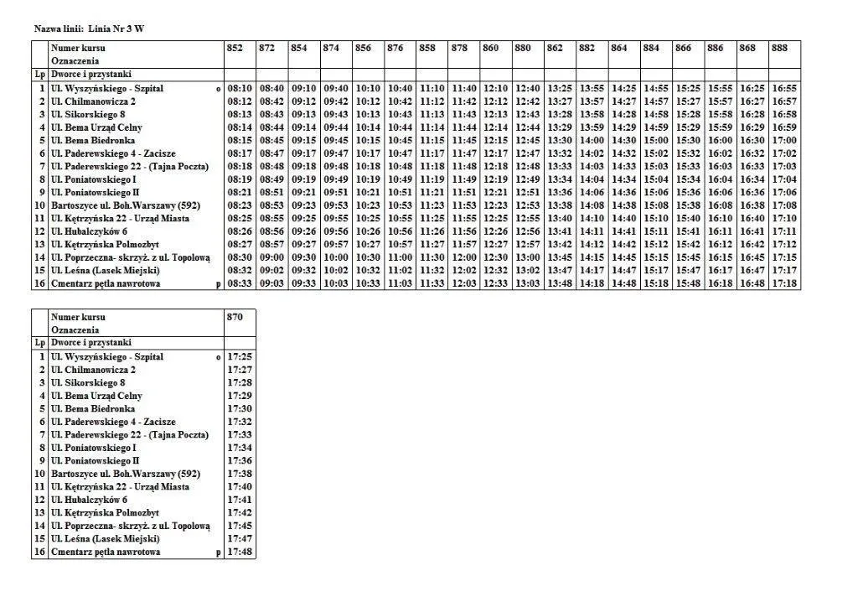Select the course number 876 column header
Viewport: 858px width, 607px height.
pyautogui.click(x=395, y=49)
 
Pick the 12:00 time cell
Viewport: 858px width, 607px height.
pyautogui.click(x=464, y=257)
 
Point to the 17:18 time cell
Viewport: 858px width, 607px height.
pyautogui.click(x=784, y=284)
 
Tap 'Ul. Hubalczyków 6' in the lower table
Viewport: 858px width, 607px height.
pyautogui.click(x=89, y=500)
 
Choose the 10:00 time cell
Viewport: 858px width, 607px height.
pyautogui.click(x=336, y=257)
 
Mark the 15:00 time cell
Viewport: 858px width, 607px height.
pyautogui.click(x=656, y=140)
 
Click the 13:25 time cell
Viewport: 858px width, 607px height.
pyautogui.click(x=560, y=88)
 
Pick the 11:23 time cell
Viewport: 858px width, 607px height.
pyautogui.click(x=432, y=205)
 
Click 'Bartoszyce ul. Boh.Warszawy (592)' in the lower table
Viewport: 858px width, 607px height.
pyautogui.click(x=125, y=474)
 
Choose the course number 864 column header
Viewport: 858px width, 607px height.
pyautogui.click(x=619, y=49)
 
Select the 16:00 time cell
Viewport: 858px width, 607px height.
pyautogui.click(x=720, y=140)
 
